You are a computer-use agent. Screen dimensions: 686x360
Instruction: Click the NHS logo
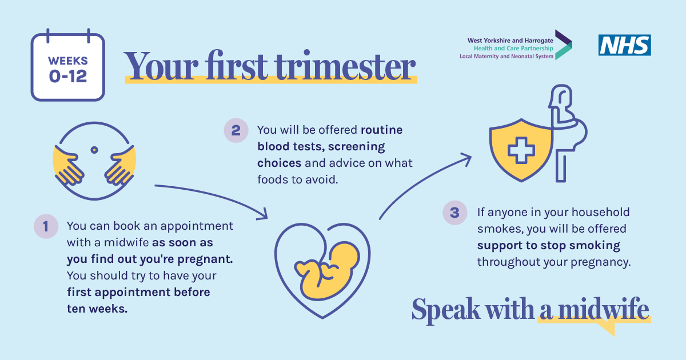pyautogui.click(x=625, y=45)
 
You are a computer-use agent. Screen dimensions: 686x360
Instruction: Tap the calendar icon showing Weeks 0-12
pyautogui.click(x=68, y=65)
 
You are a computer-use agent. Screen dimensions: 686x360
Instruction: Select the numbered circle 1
pyautogui.click(x=46, y=226)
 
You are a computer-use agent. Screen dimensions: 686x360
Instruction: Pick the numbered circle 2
pyautogui.click(x=236, y=130)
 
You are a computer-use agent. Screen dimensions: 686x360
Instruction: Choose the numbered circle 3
pyautogui.click(x=455, y=213)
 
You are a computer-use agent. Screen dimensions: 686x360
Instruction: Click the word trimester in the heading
pyautogui.click(x=345, y=66)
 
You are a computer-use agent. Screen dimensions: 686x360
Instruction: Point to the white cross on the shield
pyautogui.click(x=521, y=150)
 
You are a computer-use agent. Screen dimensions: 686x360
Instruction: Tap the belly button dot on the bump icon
pyautogui.click(x=94, y=150)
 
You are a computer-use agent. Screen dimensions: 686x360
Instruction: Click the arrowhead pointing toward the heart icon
pyautogui.click(x=264, y=214)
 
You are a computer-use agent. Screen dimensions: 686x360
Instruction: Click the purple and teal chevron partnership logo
pyautogui.click(x=564, y=45)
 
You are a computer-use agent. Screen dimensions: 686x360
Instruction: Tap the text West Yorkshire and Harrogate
pyautogui.click(x=510, y=41)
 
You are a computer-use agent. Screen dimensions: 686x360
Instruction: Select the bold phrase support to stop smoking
pyautogui.click(x=548, y=246)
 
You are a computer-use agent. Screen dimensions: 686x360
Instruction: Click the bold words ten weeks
pyautogui.click(x=97, y=309)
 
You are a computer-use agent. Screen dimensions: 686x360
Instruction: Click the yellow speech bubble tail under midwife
pyautogui.click(x=608, y=329)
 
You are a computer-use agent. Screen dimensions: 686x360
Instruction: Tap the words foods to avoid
pyautogui.click(x=297, y=179)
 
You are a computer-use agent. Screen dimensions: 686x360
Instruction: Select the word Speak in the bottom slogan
pyautogui.click(x=446, y=310)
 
